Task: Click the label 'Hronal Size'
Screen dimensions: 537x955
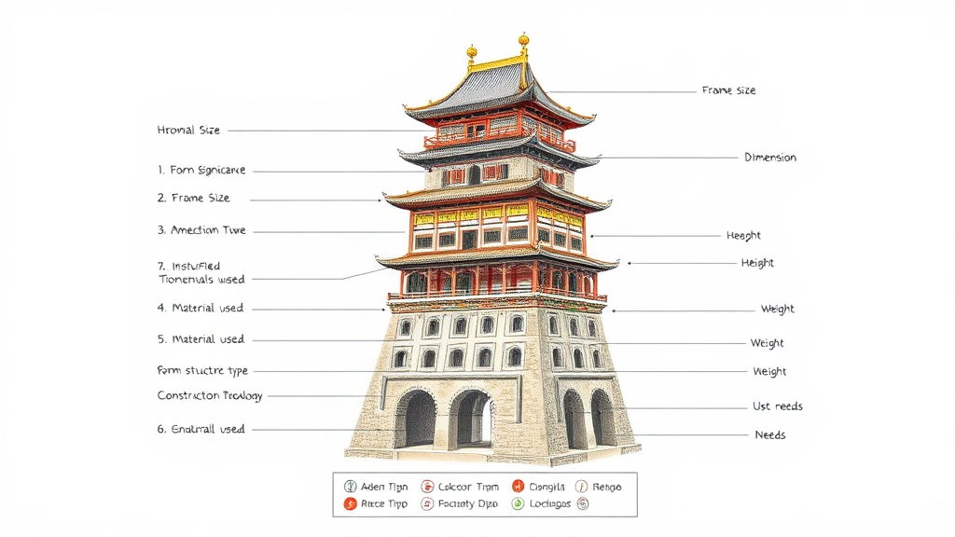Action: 188,131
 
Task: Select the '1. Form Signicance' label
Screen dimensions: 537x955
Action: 201,171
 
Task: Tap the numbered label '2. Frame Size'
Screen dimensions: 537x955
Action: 193,199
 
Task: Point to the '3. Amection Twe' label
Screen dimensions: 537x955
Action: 201,230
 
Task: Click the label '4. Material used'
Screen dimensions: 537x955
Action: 201,308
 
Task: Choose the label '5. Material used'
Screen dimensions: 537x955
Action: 201,339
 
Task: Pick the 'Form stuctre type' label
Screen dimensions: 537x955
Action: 202,371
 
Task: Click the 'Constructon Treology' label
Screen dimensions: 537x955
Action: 210,396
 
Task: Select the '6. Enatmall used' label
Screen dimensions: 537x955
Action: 201,430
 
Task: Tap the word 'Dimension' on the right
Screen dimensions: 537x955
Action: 770,158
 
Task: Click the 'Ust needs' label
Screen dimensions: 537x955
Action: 778,406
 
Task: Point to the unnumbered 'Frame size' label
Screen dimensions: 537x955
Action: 728,90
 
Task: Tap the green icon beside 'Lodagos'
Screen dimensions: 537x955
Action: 518,504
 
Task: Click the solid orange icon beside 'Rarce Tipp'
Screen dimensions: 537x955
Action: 351,504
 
